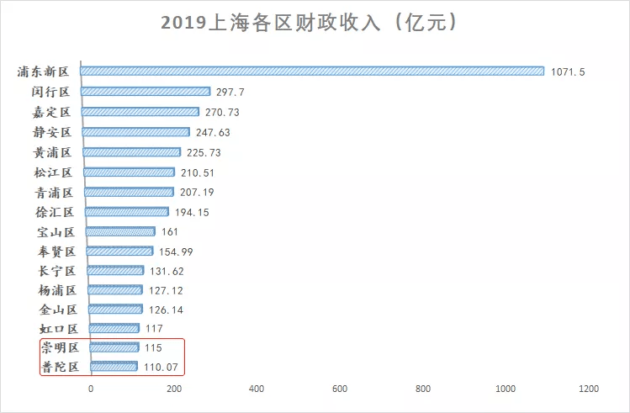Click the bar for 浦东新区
click(x=312, y=71)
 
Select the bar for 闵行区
click(x=146, y=91)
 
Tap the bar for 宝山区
click(x=120, y=231)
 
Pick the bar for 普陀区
click(x=114, y=366)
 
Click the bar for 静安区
click(x=135, y=132)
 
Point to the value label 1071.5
click(x=568, y=71)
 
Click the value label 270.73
click(x=222, y=112)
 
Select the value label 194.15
click(x=192, y=212)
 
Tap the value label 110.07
click(x=161, y=367)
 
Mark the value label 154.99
click(x=176, y=252)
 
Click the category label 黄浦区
click(x=52, y=152)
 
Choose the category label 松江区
click(x=53, y=172)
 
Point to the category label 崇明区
click(x=60, y=347)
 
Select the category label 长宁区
click(x=56, y=271)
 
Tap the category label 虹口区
click(x=59, y=329)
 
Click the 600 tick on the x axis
click(x=340, y=389)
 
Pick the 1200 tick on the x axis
click(x=589, y=389)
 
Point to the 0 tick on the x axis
click(x=91, y=389)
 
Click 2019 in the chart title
click(x=183, y=23)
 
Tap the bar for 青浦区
click(x=129, y=192)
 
